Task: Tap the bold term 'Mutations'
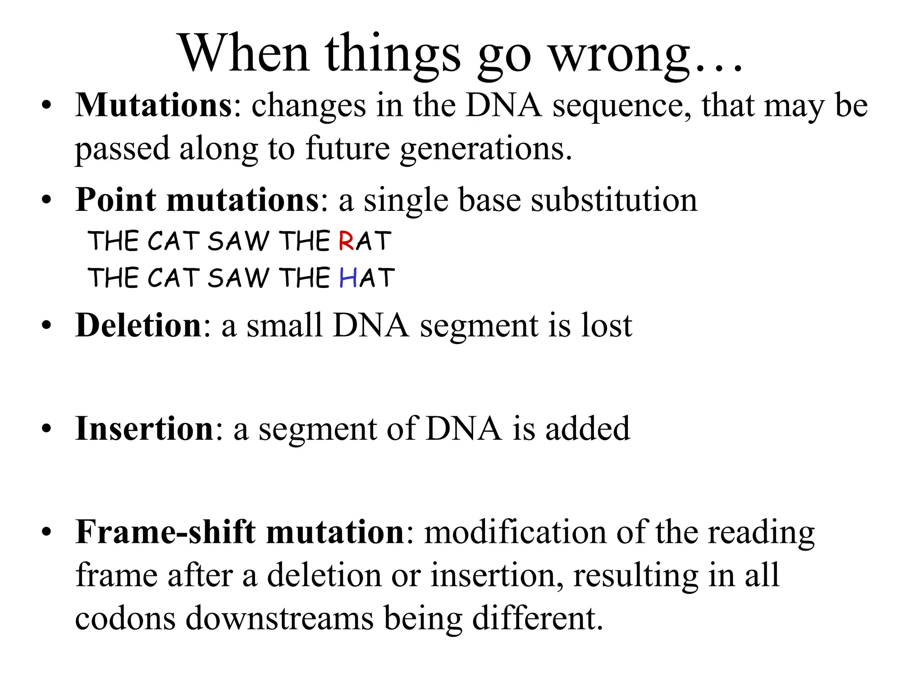(x=153, y=105)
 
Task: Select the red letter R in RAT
(x=346, y=241)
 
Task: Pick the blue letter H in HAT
(x=348, y=278)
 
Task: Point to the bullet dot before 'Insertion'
(x=46, y=429)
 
